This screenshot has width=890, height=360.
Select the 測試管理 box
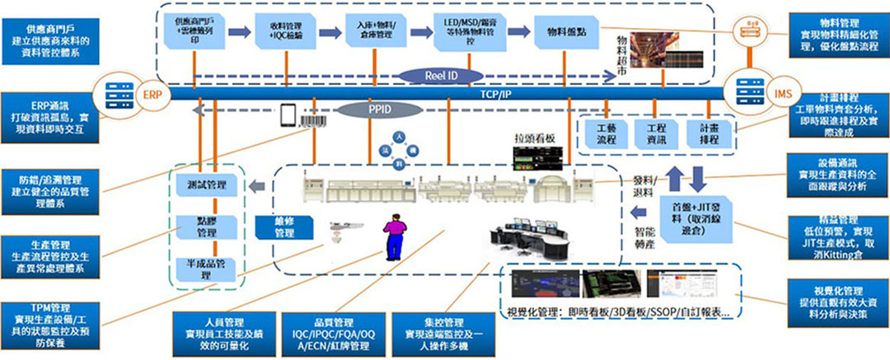tap(202, 184)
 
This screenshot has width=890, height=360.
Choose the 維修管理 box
tap(284, 227)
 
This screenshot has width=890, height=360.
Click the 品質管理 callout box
tap(333, 332)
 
